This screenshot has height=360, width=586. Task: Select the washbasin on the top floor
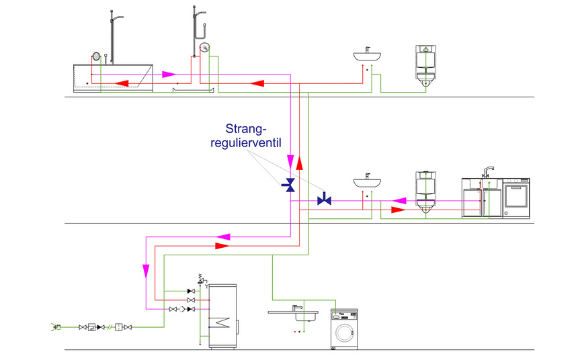(x=367, y=57)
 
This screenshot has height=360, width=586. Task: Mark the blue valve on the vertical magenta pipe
(x=290, y=185)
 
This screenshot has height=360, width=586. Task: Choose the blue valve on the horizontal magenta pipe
(x=324, y=199)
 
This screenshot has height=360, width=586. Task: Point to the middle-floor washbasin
(x=368, y=182)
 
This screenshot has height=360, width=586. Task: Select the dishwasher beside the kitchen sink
(x=516, y=198)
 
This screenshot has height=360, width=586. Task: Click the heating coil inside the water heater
(x=222, y=323)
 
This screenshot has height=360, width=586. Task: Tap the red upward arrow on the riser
(x=300, y=164)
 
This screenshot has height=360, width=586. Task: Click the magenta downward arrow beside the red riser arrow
(x=290, y=162)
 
